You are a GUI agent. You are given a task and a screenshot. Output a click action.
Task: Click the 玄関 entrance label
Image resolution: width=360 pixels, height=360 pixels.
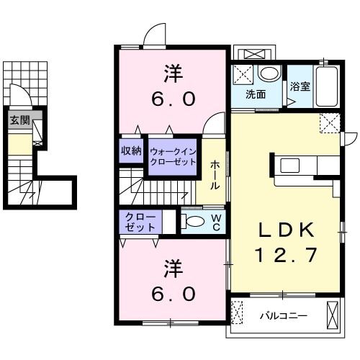19,121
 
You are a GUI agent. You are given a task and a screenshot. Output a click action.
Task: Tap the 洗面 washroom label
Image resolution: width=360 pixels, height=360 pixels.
254,94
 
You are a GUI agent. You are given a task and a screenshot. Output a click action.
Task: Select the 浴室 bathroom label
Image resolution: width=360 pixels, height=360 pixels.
300,86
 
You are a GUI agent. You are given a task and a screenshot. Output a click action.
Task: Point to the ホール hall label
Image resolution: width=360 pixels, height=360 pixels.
215,175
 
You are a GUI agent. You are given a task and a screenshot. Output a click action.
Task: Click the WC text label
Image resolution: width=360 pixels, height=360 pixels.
215,222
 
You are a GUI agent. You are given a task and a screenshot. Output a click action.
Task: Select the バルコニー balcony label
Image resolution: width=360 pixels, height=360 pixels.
284,315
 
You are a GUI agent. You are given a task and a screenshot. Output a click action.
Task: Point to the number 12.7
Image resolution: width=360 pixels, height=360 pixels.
286,254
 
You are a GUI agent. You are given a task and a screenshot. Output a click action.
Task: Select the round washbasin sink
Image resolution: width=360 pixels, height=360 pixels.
269,73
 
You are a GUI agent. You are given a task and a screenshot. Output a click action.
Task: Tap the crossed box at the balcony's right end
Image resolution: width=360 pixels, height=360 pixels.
332,315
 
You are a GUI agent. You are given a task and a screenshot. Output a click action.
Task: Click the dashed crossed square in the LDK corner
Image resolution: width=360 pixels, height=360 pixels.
330,123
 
